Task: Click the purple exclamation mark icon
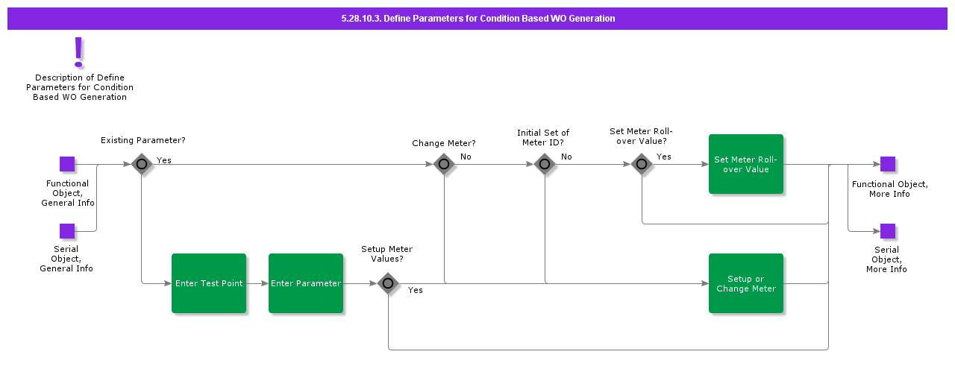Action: (x=78, y=52)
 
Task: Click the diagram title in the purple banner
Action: (x=477, y=19)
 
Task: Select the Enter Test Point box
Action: (x=209, y=283)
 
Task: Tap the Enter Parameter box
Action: (x=306, y=283)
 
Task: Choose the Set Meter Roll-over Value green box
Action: (x=746, y=164)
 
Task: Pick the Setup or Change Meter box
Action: (x=746, y=283)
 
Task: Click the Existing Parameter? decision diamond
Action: (x=142, y=164)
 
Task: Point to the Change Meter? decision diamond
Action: (x=444, y=164)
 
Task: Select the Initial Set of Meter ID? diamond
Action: (x=545, y=164)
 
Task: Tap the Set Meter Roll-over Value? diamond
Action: (x=642, y=164)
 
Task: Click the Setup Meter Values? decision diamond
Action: (x=388, y=283)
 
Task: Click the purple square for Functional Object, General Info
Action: (x=67, y=164)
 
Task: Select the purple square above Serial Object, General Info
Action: (x=67, y=231)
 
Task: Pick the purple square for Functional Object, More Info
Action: (x=888, y=164)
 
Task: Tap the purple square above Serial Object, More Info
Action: (x=888, y=231)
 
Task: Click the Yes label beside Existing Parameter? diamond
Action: (x=164, y=160)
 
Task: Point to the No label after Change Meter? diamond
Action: (x=466, y=157)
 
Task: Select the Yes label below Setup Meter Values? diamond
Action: (x=416, y=290)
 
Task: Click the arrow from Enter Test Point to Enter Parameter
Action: (x=257, y=283)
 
